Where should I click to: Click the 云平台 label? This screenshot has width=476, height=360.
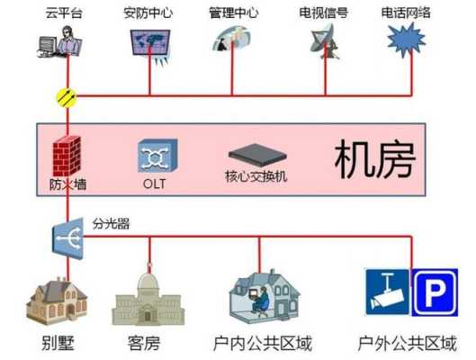(x=64, y=13)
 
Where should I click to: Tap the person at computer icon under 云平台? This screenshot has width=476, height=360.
(x=59, y=42)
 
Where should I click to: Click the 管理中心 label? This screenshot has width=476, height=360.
(x=233, y=13)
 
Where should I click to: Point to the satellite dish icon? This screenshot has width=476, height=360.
(x=325, y=41)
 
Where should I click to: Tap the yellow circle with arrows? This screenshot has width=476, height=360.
(x=67, y=97)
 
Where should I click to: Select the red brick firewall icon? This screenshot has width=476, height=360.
(x=67, y=156)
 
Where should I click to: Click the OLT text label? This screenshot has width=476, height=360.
(x=154, y=184)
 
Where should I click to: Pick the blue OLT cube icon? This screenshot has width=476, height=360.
(x=157, y=156)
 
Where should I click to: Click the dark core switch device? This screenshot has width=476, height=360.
(x=257, y=155)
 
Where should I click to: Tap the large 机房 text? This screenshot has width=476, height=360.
(x=375, y=159)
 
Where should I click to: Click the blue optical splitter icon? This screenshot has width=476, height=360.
(x=68, y=238)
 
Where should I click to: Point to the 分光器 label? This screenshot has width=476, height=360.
(x=111, y=224)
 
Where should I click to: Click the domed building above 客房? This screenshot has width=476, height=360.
(x=148, y=296)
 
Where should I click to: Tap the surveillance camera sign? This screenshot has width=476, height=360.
(x=387, y=292)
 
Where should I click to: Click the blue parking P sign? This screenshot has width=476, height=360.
(x=435, y=292)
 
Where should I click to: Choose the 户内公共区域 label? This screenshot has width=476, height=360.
(x=263, y=343)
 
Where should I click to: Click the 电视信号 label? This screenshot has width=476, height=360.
(x=323, y=13)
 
